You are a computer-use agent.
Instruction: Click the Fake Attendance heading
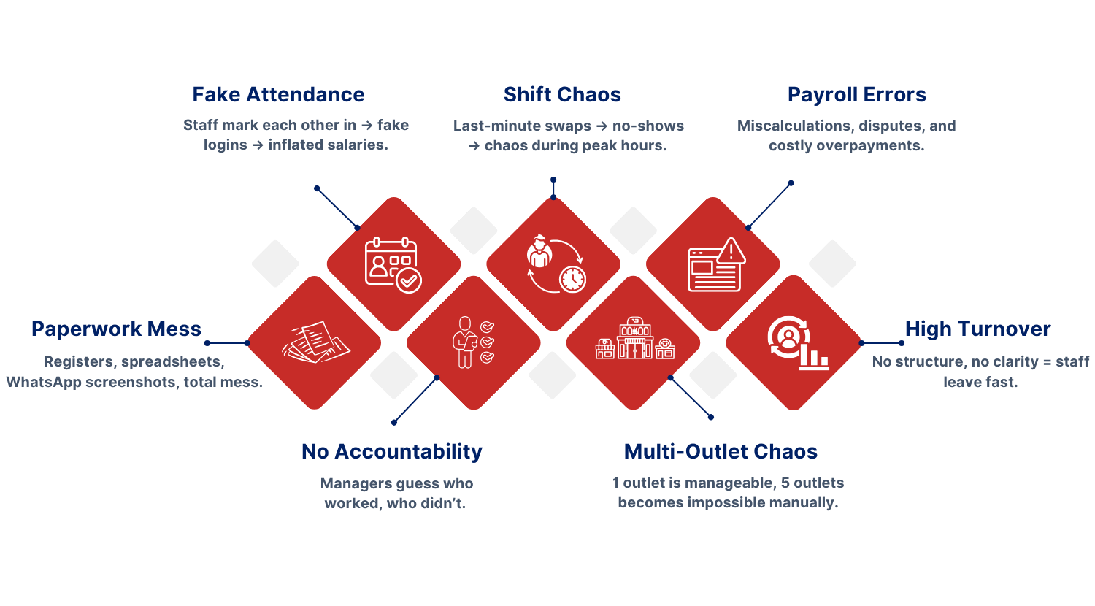pyautogui.click(x=278, y=95)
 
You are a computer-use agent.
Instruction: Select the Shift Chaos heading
pyautogui.click(x=562, y=95)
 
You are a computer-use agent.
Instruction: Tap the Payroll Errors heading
pyautogui.click(x=856, y=95)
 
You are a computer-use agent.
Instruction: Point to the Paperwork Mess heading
pyautogui.click(x=116, y=329)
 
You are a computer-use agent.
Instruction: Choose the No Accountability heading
pyautogui.click(x=392, y=452)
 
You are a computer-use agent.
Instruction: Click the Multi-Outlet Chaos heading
pyautogui.click(x=721, y=452)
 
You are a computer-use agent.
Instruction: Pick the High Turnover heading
pyautogui.click(x=977, y=329)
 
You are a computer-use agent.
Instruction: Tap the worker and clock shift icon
pyautogui.click(x=555, y=264)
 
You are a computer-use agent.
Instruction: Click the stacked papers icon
pyautogui.click(x=315, y=342)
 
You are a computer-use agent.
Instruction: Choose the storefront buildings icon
pyautogui.click(x=634, y=341)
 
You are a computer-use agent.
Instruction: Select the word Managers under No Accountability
pyautogui.click(x=355, y=484)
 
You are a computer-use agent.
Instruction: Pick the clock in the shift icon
pyautogui.click(x=572, y=278)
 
